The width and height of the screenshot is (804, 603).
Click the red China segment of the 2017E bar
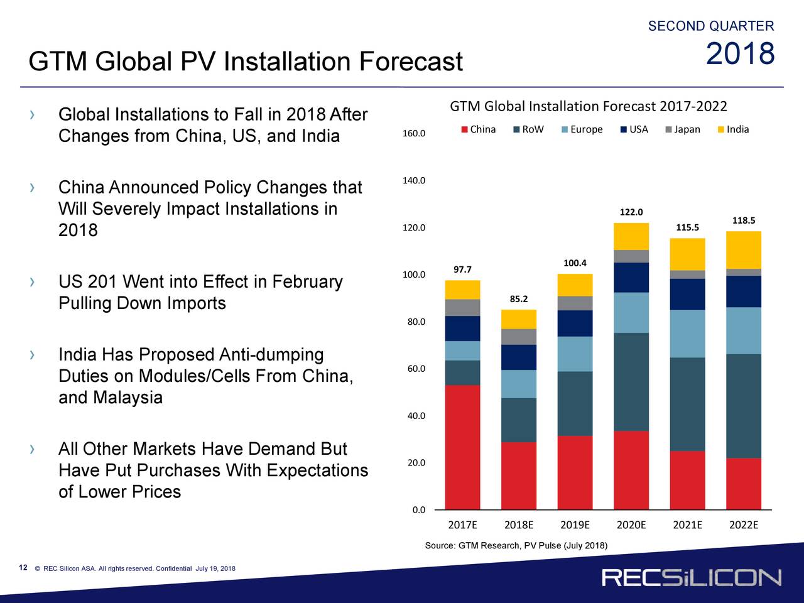[x=462, y=447]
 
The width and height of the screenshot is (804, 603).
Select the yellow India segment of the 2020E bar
[x=631, y=236]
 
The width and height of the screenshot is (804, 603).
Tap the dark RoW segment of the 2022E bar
[x=743, y=406]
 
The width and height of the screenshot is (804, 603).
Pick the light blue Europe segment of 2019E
[x=575, y=354]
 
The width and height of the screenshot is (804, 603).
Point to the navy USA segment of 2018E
[x=519, y=357]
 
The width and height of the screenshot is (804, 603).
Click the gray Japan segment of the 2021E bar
[x=687, y=274]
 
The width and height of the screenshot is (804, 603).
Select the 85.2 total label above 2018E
[x=519, y=299]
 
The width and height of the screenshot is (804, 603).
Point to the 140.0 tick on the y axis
[x=414, y=181]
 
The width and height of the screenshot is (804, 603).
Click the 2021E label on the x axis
[x=687, y=525]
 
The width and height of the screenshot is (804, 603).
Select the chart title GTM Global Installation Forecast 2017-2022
[x=589, y=106]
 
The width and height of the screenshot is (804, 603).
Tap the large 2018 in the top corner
[x=740, y=55]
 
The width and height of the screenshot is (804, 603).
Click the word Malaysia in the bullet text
[x=128, y=398]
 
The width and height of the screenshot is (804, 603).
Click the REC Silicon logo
[x=691, y=578]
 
